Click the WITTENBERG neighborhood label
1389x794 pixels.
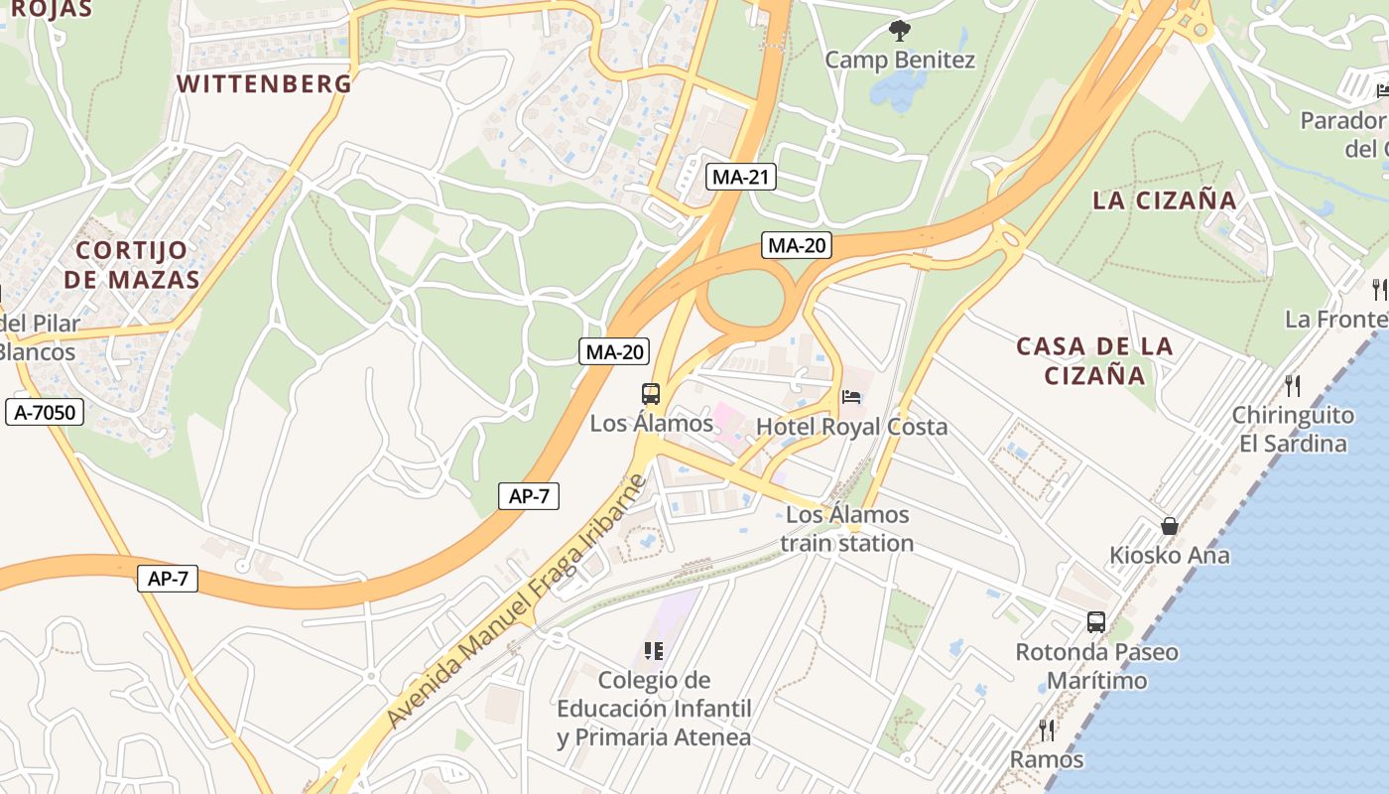tap(264, 83)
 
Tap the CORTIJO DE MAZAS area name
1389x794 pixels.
tap(132, 265)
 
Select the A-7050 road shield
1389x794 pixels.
tap(44, 412)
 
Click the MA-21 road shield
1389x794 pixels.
tap(741, 178)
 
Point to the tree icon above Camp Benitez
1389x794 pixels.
tap(900, 31)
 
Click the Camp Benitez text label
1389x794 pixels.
tap(900, 61)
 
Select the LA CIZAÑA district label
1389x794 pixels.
tap(1165, 200)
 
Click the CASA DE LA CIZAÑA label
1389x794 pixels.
tap(1094, 360)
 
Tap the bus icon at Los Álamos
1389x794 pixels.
tap(651, 394)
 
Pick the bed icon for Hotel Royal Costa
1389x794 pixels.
tap(851, 397)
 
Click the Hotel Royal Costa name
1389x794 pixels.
tap(851, 427)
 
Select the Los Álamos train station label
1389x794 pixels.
tap(846, 529)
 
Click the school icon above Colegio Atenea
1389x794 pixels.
tap(653, 651)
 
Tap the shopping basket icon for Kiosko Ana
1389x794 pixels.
tap(1170, 526)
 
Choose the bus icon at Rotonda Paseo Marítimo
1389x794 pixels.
tap(1096, 622)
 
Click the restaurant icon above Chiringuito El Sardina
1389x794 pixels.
tap(1292, 385)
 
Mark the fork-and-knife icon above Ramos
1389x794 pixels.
tap(1047, 730)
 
